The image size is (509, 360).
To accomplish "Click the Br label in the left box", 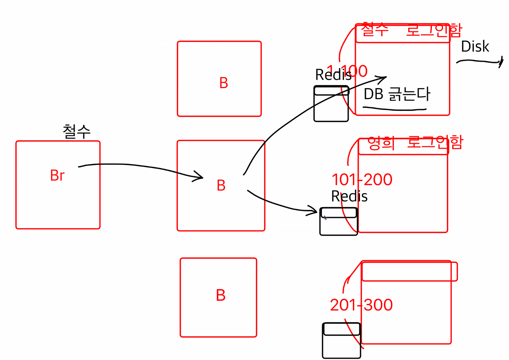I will (x=57, y=175).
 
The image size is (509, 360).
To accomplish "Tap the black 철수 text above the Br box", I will (x=76, y=132).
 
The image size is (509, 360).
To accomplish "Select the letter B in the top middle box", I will (x=224, y=83).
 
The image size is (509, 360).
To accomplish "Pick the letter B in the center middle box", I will (x=221, y=186).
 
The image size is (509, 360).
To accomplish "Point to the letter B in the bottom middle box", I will (x=221, y=295).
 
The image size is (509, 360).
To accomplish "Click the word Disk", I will (x=475, y=47).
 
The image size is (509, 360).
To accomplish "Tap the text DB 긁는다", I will (x=397, y=94).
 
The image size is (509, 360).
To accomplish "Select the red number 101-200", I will (x=362, y=179).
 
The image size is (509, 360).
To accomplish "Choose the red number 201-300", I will (x=361, y=305).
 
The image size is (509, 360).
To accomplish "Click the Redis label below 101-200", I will (x=349, y=196).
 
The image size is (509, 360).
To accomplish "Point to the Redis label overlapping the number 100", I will (x=333, y=75).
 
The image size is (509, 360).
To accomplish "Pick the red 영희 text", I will (x=381, y=143).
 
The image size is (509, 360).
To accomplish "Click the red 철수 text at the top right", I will (x=375, y=30).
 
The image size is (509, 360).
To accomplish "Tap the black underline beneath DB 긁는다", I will (x=394, y=109).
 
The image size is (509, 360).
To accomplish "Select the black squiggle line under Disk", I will (x=479, y=62).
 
